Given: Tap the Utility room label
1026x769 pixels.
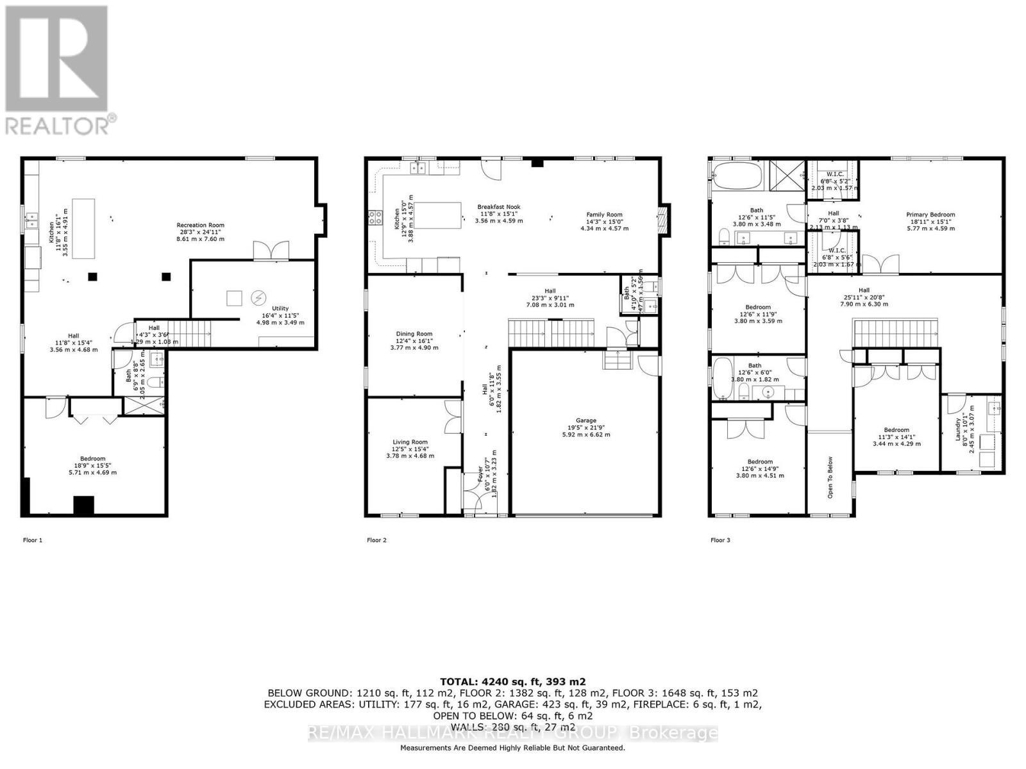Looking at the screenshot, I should [280, 309].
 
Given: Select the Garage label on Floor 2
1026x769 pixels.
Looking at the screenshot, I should [585, 420].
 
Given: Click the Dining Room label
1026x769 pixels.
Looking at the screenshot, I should [414, 334].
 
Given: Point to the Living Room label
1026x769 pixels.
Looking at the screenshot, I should [410, 442].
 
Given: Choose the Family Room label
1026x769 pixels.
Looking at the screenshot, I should [604, 215].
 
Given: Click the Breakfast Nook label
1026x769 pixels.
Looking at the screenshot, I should [498, 207].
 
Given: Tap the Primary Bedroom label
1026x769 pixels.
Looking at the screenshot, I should [930, 215].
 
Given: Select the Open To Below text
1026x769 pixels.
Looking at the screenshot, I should [830, 477].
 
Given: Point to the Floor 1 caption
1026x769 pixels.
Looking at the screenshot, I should [33, 540].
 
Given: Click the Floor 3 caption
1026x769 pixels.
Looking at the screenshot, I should [720, 540].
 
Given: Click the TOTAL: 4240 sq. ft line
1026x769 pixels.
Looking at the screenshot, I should [512, 682].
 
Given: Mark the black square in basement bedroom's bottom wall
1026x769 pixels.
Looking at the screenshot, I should [83, 505].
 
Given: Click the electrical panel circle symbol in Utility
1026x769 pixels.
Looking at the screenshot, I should [258, 298].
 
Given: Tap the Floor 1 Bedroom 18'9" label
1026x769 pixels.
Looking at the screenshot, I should [93, 459].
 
